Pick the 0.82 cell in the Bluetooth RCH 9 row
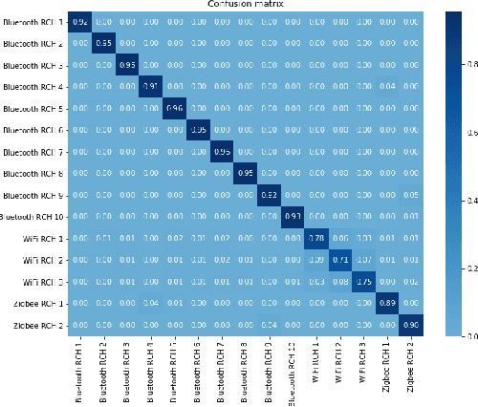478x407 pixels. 269,194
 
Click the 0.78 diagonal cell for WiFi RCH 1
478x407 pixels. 315,237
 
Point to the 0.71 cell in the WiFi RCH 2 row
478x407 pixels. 338,259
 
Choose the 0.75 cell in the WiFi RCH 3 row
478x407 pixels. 361,281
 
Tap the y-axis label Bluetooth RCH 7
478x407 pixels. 35,151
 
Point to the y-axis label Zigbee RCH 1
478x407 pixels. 43,302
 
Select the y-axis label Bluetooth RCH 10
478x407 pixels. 33,216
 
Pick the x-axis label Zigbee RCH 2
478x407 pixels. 409,368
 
